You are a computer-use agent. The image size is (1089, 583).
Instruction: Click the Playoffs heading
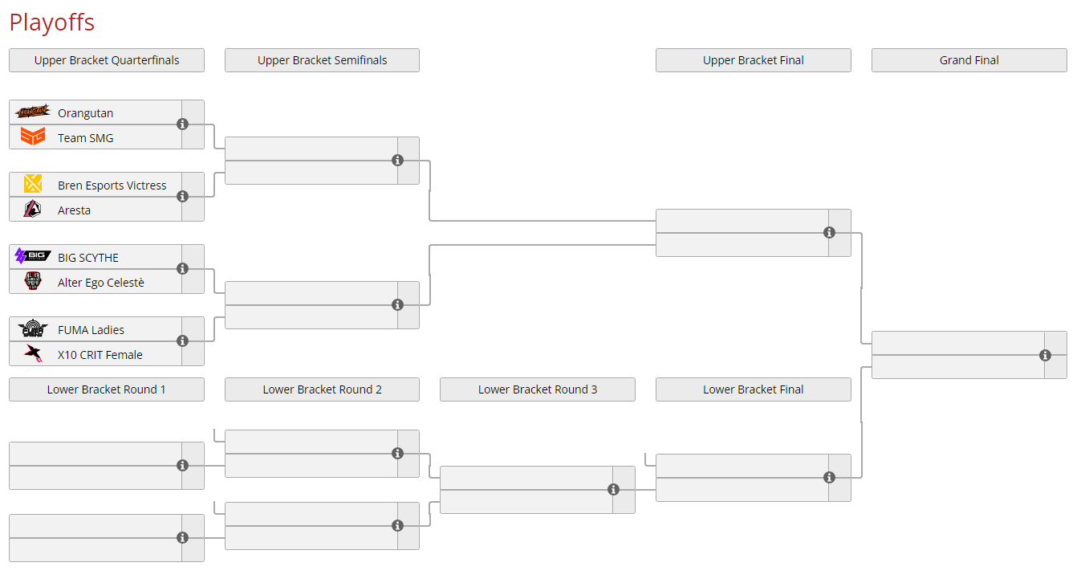point(51,22)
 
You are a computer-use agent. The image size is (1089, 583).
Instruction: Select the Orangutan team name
point(85,113)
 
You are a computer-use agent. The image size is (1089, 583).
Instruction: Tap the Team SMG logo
point(33,137)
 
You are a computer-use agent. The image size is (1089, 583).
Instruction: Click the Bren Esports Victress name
point(112,185)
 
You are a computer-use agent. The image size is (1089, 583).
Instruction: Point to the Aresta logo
point(33,210)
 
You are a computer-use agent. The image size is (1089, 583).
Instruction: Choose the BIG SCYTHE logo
point(33,257)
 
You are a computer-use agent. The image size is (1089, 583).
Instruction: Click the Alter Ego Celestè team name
point(100,283)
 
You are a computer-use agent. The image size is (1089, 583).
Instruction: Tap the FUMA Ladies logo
point(33,329)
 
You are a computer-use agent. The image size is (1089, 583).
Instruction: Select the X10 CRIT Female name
point(100,355)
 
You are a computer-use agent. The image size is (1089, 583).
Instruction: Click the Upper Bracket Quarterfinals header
point(107,60)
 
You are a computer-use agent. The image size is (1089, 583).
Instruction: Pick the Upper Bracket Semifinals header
point(322,60)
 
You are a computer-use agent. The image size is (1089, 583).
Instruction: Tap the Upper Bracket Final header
point(753,60)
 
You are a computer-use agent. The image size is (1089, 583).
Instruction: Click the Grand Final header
point(969,60)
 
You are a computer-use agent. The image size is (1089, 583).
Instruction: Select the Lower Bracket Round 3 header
point(537,389)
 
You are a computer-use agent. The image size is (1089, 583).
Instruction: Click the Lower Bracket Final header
point(753,389)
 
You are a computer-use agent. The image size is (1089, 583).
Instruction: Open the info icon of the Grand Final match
point(1045,355)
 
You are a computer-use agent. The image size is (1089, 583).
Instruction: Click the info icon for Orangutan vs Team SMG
point(182,124)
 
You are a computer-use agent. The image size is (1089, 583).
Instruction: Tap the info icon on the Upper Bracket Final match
point(829,233)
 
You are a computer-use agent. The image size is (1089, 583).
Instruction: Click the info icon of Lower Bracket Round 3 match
point(613,490)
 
